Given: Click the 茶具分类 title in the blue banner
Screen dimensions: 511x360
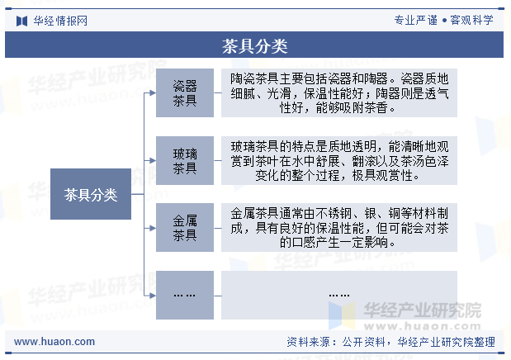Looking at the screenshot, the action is [254, 46].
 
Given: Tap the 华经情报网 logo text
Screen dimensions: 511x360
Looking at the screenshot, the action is [60, 21].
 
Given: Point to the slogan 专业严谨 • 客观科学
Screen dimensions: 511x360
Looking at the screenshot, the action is [443, 20].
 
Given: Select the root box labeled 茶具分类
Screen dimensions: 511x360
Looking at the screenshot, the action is [91, 194].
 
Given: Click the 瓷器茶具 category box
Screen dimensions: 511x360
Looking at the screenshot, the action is [185, 93].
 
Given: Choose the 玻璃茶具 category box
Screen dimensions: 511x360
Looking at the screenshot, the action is [185, 160].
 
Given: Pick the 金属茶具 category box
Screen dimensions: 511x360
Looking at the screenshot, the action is [185, 228].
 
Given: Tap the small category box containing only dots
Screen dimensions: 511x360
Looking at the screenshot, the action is [185, 295].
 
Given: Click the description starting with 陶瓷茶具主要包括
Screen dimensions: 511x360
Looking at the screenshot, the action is [339, 93].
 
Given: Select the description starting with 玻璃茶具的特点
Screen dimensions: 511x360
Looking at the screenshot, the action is [339, 160].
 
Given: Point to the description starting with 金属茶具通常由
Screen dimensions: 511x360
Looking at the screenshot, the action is [339, 228].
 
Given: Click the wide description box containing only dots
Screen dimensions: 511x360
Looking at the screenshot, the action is [339, 295].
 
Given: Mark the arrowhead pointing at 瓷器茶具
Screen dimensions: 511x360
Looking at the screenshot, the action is [153, 93].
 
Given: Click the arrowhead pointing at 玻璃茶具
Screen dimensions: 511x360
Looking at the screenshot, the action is [153, 160].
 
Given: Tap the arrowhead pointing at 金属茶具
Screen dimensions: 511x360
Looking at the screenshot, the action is [153, 228].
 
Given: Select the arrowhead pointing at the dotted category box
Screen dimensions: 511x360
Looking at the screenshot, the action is [153, 296].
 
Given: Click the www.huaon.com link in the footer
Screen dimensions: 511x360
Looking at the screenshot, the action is [54, 342].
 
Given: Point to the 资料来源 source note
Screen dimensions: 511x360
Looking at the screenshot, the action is [390, 342].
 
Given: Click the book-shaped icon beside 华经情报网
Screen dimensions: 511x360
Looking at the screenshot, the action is [21, 21].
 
